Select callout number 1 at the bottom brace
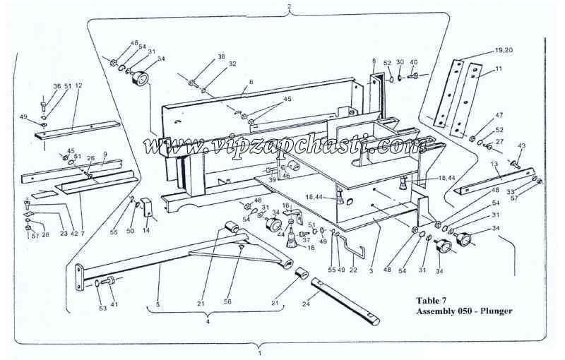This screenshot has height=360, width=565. [x=260, y=351]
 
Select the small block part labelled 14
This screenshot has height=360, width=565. [x=148, y=209]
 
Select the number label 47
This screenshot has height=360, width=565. [x=499, y=114]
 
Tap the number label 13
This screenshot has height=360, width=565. [x=494, y=164]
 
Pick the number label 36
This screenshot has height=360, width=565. [x=56, y=87]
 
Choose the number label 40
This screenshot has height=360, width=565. [x=413, y=62]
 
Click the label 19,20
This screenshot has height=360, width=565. [x=503, y=51]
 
